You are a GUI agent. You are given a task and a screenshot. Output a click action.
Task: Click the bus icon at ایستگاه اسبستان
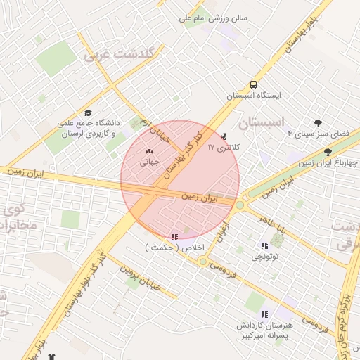coord(253,83)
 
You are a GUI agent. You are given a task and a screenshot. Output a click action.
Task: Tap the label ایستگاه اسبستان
coord(253,94)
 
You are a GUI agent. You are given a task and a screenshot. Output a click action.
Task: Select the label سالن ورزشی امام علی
coord(210,20)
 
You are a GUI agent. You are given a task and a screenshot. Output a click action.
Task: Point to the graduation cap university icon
coord(88,112)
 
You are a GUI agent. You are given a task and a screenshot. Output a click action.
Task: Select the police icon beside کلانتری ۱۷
coord(224,136)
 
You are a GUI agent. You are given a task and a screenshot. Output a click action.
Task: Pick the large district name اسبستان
coord(263,122)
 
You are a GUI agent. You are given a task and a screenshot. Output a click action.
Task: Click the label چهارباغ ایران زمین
coord(328,162)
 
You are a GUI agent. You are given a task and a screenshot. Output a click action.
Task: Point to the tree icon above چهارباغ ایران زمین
coord(328,152)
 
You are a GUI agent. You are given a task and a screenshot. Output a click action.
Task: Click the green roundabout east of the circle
coord(240,205)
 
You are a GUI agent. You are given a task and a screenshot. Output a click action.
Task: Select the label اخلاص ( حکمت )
coord(174,248)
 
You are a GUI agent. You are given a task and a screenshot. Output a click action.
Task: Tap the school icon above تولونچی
coord(264,245)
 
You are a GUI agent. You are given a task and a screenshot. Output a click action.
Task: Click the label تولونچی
coord(265,257)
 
